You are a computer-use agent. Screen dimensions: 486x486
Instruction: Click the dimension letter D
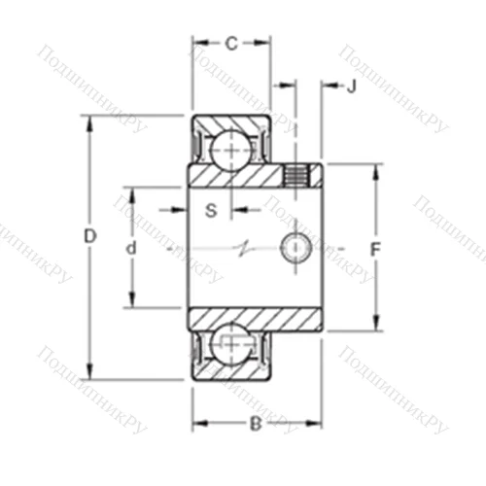pyautogui.click(x=89, y=236)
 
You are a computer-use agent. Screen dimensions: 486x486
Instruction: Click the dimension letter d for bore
pyautogui.click(x=131, y=249)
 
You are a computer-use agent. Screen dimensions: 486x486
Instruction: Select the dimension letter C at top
pyautogui.click(x=231, y=43)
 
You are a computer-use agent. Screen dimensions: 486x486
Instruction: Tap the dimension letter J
pyautogui.click(x=352, y=87)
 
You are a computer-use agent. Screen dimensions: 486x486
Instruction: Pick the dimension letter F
pyautogui.click(x=375, y=249)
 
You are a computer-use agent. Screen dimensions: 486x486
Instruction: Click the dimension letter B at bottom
pyautogui.click(x=255, y=423)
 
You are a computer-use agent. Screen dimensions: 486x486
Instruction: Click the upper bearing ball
pyautogui.click(x=230, y=148)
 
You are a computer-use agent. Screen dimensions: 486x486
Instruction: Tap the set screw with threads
pyautogui.click(x=295, y=176)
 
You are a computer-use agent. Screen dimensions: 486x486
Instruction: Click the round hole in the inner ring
pyautogui.click(x=295, y=248)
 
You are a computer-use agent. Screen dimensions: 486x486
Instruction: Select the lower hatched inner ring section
pyautogui.click(x=255, y=319)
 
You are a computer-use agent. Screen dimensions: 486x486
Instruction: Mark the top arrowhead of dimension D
pyautogui.click(x=89, y=122)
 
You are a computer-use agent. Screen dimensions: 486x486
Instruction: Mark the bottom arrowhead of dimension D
pyautogui.click(x=89, y=373)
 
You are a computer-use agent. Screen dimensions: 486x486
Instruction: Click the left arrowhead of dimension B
pyautogui.click(x=195, y=423)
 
